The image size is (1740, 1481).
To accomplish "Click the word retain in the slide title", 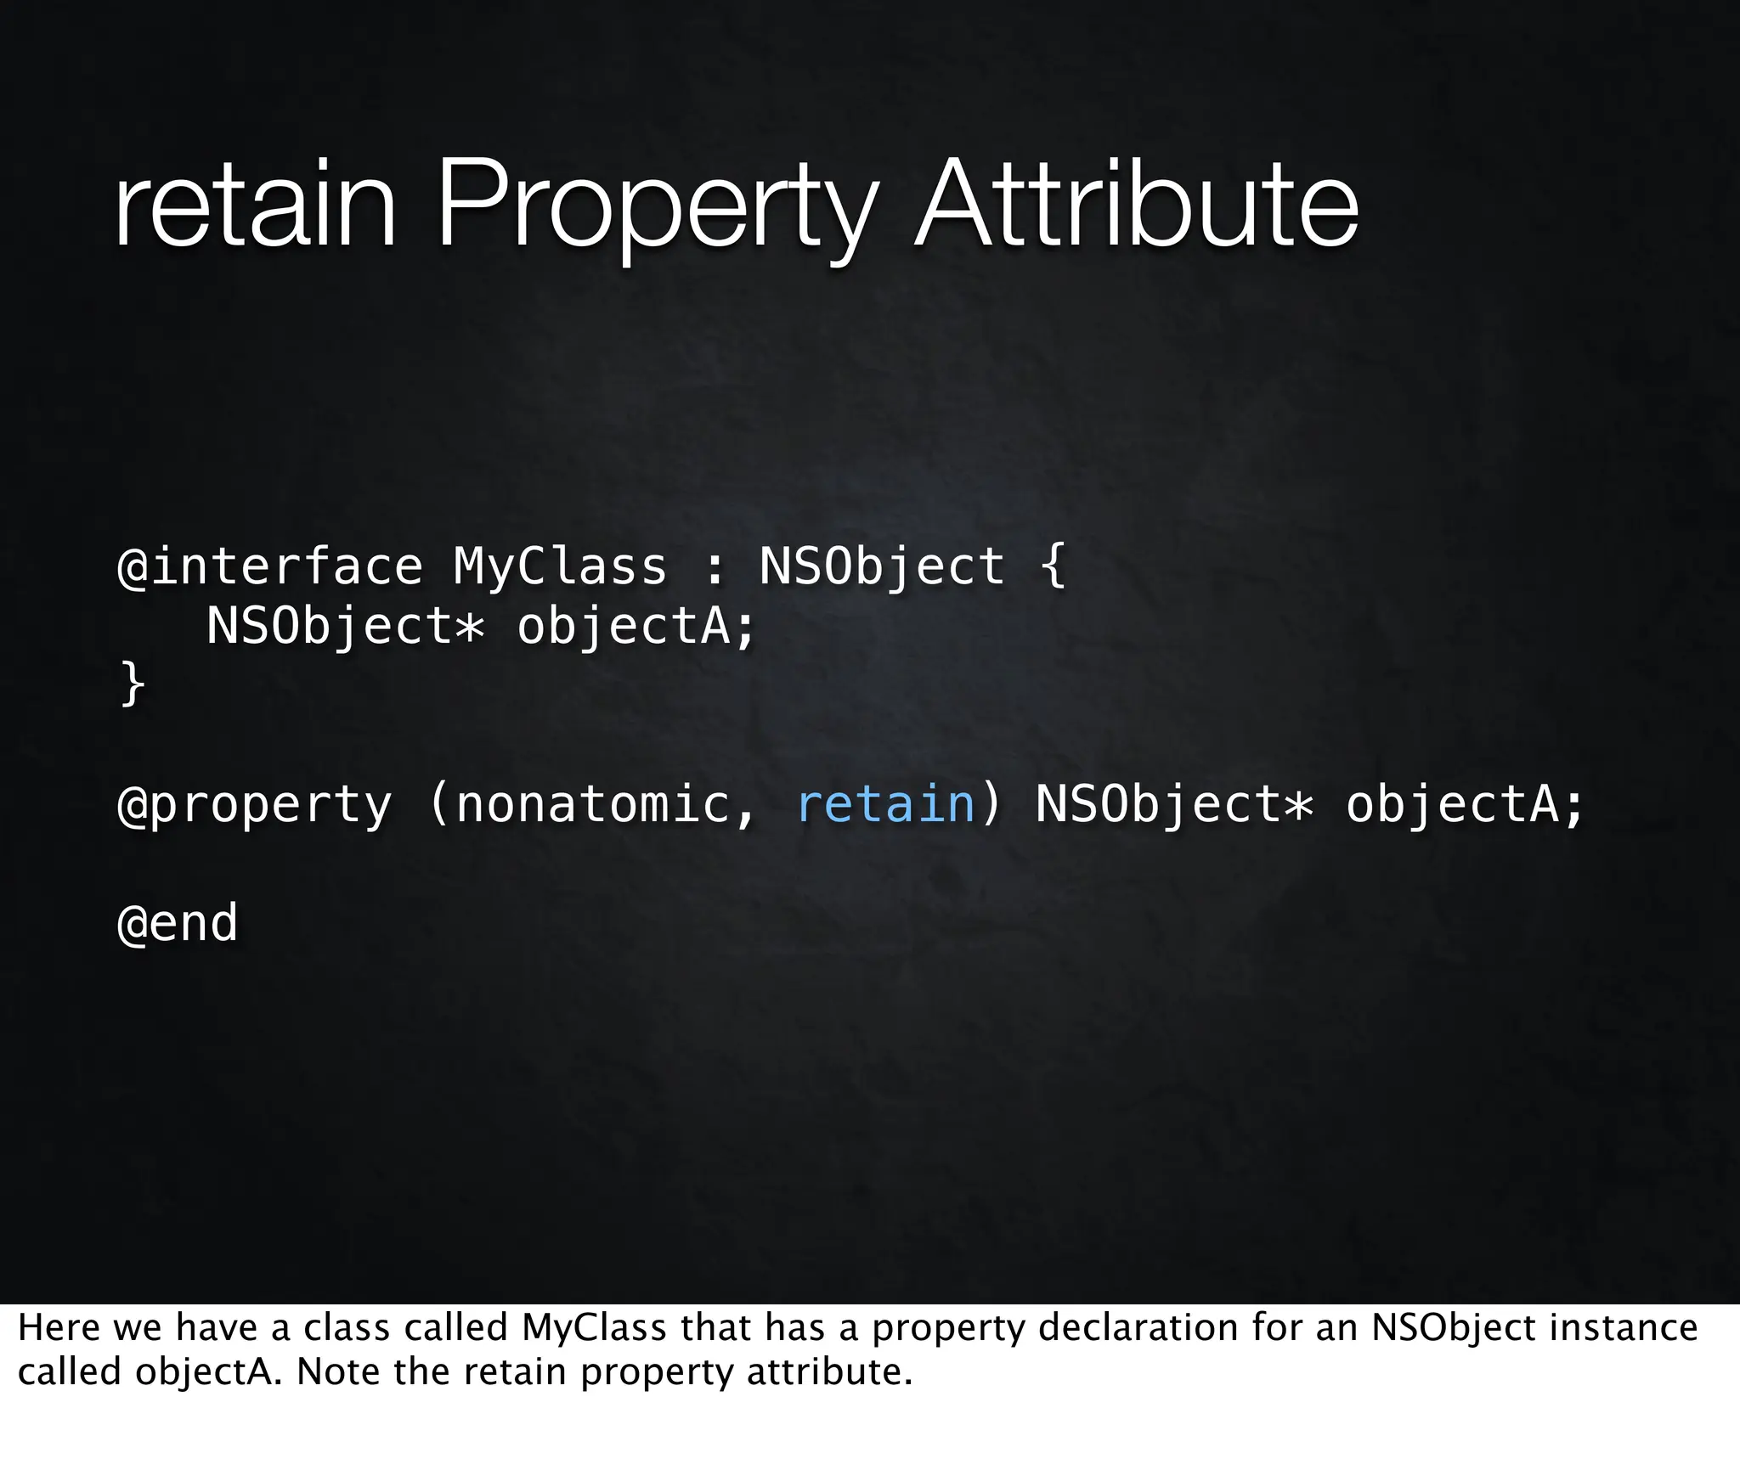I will (x=255, y=206).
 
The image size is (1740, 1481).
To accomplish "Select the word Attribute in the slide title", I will (x=1136, y=206).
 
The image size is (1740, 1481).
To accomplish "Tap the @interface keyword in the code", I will (x=269, y=566).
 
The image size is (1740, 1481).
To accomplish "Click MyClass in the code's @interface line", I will (x=560, y=566).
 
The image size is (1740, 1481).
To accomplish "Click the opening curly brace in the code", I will (x=1053, y=566).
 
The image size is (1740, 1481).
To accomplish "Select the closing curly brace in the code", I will (x=133, y=684).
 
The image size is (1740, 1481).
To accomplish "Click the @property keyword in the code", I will (x=255, y=804).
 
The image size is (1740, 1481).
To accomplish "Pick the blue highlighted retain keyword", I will (x=885, y=804).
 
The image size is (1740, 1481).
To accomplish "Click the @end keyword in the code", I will (x=178, y=923).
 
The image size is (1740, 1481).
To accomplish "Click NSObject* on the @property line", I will (x=1174, y=804).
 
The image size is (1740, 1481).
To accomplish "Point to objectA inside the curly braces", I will (x=636, y=627).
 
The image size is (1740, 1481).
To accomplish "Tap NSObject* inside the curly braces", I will (x=345, y=627).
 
